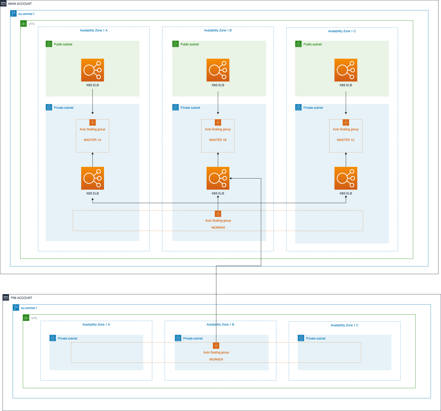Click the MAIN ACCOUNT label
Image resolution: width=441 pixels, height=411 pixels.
pyautogui.click(x=20, y=4)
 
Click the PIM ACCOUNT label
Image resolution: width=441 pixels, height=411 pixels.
pyautogui.click(x=22, y=298)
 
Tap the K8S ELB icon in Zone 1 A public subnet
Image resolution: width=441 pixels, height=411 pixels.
pyautogui.click(x=92, y=70)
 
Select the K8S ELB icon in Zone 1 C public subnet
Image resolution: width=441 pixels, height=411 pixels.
pyautogui.click(x=346, y=70)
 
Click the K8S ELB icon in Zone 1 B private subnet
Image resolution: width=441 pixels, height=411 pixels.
pyautogui.click(x=218, y=178)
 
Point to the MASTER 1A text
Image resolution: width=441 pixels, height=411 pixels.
pyautogui.click(x=92, y=140)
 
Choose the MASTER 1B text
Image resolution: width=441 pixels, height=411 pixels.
pyautogui.click(x=218, y=140)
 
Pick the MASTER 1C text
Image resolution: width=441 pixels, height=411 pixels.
pyautogui.click(x=346, y=140)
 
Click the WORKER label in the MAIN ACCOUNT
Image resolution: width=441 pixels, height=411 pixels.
pyautogui.click(x=218, y=228)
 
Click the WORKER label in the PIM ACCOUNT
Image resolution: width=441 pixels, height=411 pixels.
pyautogui.click(x=216, y=360)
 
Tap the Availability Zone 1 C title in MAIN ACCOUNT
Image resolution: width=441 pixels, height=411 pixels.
pyautogui.click(x=342, y=31)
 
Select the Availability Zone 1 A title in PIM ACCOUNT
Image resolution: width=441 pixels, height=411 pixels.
pyautogui.click(x=96, y=325)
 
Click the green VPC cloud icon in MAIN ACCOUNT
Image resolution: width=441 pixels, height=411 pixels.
pyautogui.click(x=24, y=24)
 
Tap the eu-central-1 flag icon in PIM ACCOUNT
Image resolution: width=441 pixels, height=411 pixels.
pyautogui.click(x=16, y=308)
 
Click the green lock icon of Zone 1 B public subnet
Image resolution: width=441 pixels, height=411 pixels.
pyautogui.click(x=176, y=44)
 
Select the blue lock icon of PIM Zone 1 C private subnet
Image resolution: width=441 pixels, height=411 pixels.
pyautogui.click(x=301, y=338)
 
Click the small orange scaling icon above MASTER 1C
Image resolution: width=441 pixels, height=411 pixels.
pyautogui.click(x=346, y=122)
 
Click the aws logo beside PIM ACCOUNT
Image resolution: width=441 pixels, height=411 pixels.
pyautogui.click(x=6, y=297)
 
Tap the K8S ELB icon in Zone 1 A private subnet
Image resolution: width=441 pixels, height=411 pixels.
pyautogui.click(x=92, y=178)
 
